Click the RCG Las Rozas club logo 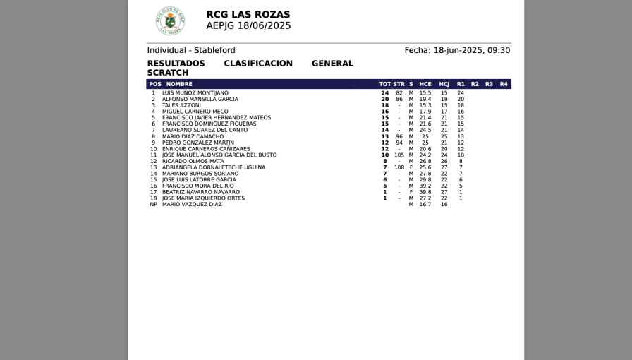point(170,21)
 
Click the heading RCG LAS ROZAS point(248,14)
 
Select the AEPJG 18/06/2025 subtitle point(248,25)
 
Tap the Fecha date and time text point(457,50)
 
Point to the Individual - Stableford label point(191,50)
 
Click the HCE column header point(425,84)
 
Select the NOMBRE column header point(179,84)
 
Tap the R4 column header point(504,84)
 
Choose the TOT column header point(384,84)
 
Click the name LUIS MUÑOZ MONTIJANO point(195,93)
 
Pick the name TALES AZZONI point(181,105)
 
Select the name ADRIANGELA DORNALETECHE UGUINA point(214,167)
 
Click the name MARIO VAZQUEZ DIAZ point(192,205)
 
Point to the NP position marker point(153,205)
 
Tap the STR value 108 point(399,167)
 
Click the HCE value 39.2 point(425,186)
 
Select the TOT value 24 point(385,93)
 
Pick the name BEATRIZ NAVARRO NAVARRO point(201,192)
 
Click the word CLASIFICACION point(258,64)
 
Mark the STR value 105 point(399,155)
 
